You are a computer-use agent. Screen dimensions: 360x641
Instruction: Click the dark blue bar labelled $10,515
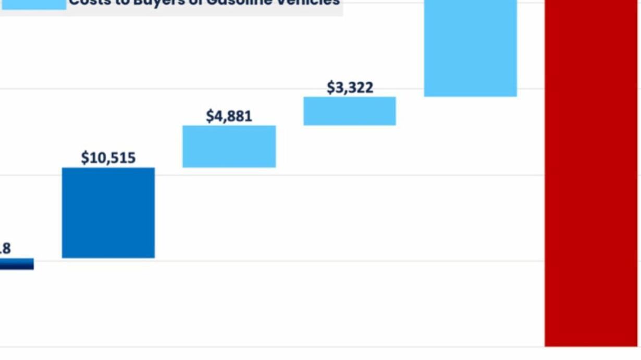[x=108, y=213]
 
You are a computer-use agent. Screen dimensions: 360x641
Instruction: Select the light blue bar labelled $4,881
[x=229, y=146]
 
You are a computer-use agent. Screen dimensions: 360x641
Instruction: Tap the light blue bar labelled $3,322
[x=350, y=111]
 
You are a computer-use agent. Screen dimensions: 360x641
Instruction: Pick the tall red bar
[x=591, y=172]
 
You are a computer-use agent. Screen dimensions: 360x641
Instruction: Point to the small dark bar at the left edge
[x=16, y=264]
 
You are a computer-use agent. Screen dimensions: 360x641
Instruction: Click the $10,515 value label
[x=108, y=158]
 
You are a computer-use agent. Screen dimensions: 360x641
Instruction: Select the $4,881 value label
[x=229, y=116]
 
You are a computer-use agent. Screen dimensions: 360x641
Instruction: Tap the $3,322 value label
[x=350, y=88]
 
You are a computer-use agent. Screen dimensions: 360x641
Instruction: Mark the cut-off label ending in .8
[x=5, y=249]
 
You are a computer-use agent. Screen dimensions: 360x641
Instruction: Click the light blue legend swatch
[x=33, y=4]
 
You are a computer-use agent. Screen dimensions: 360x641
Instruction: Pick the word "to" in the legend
[x=118, y=2]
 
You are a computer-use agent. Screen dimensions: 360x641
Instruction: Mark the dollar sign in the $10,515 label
[x=85, y=158]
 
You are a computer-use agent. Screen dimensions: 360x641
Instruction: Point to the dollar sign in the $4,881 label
[x=210, y=116]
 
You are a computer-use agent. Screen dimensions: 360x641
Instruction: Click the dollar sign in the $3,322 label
[x=331, y=88]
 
